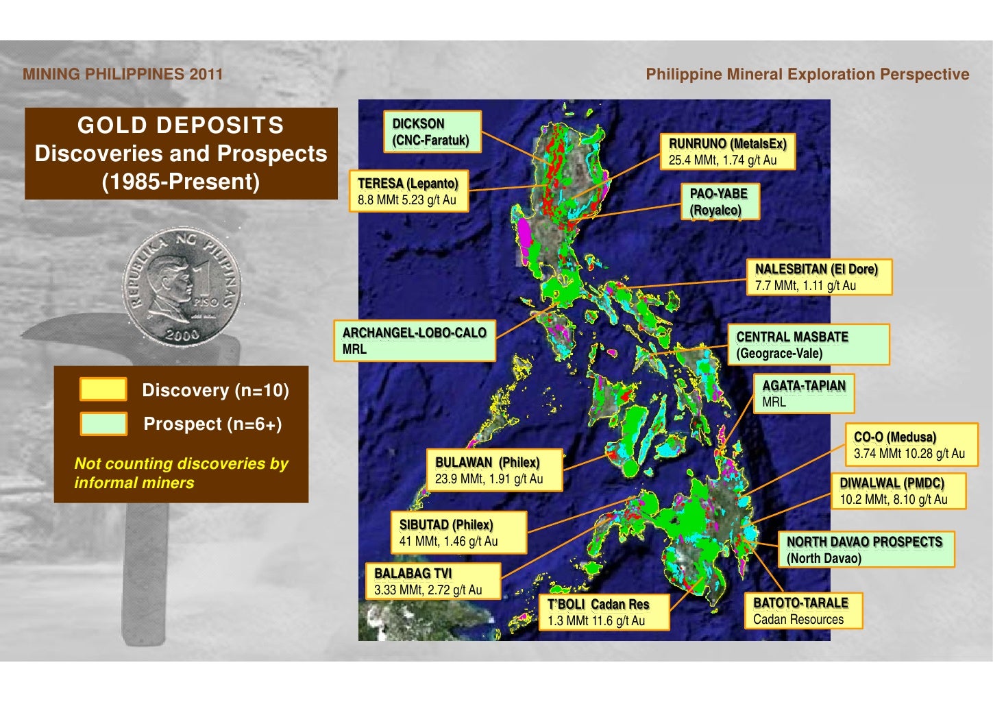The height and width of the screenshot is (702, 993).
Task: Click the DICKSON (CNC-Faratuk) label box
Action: [432, 132]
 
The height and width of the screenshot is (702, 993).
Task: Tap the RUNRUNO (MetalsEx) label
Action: [728, 152]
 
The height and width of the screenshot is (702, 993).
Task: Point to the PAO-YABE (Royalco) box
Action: [720, 202]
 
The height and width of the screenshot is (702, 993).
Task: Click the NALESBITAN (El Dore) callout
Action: [819, 277]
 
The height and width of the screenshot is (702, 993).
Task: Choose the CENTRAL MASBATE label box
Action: [808, 345]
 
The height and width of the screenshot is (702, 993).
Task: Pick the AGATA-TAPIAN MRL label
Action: [804, 394]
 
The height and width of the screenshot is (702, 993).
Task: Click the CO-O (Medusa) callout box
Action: [910, 445]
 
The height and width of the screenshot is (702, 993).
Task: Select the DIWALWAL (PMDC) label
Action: [898, 491]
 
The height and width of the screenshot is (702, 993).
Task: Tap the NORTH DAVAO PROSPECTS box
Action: [866, 550]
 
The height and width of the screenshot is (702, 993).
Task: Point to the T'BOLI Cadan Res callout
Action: [598, 612]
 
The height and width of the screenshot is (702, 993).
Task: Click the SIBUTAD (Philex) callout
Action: [458, 533]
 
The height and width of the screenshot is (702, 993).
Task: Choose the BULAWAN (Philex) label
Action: [493, 470]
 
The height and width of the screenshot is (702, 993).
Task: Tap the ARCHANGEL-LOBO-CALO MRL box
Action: [415, 341]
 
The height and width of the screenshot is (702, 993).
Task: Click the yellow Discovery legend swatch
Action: [103, 389]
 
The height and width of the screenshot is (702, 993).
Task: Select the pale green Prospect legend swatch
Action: [103, 424]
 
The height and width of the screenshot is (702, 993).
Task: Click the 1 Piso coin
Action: [182, 285]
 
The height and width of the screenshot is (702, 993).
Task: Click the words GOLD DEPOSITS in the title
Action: [181, 125]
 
